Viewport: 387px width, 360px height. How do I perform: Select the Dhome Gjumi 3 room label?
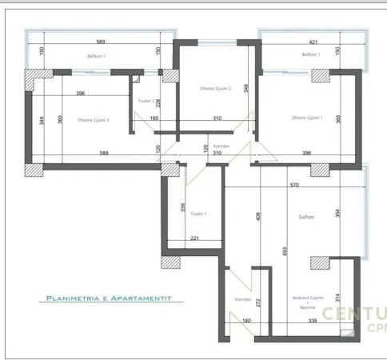(x=94, y=120)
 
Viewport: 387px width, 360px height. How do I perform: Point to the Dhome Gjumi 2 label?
(x=215, y=89)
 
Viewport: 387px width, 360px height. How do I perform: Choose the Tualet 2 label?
(x=146, y=102)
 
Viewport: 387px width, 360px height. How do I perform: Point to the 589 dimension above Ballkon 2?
(x=101, y=41)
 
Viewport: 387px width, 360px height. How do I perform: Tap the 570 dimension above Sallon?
(x=294, y=186)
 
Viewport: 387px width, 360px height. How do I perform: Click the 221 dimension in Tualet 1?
(x=194, y=238)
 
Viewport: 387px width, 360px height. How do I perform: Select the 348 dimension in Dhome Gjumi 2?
(x=247, y=87)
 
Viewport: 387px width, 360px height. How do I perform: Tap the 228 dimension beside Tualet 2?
(x=158, y=102)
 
